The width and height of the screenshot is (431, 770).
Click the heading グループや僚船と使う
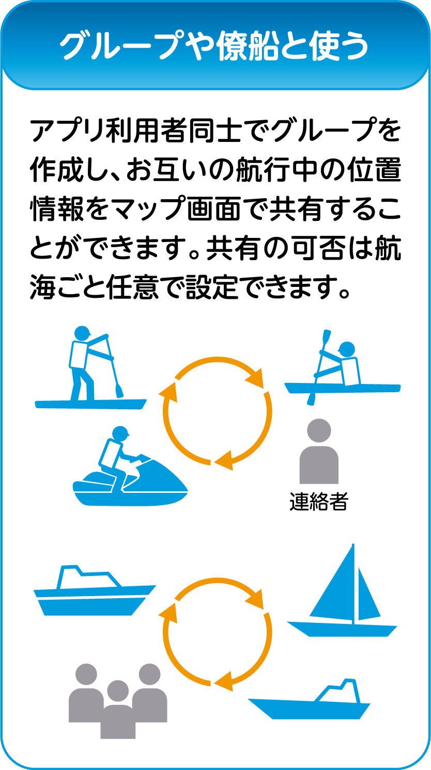point(214,45)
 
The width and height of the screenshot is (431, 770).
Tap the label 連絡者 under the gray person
point(319,502)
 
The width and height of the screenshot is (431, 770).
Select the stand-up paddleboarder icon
point(91,367)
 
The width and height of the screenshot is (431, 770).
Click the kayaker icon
point(343,367)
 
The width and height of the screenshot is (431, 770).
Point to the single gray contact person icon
point(319,451)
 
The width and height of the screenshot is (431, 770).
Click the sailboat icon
point(342,590)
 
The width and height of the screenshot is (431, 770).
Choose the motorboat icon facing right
point(95,590)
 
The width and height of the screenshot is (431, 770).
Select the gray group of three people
point(118,701)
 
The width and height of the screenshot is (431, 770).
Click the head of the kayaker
point(347,350)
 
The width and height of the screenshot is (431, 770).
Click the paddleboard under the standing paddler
point(91,404)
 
